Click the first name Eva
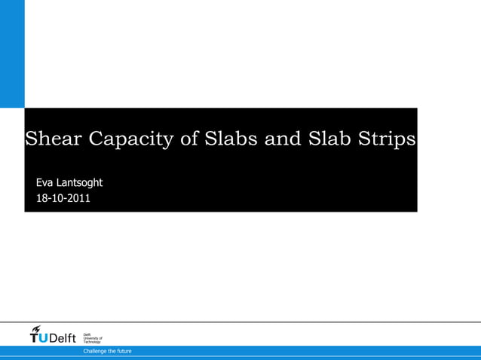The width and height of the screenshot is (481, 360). click(x=44, y=182)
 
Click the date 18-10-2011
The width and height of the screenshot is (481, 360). click(x=63, y=199)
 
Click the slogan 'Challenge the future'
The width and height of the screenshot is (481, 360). click(x=107, y=351)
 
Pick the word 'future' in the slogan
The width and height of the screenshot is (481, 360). click(x=123, y=351)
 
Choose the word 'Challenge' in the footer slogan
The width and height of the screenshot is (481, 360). click(x=96, y=351)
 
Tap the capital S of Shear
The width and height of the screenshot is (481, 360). click(x=32, y=139)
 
